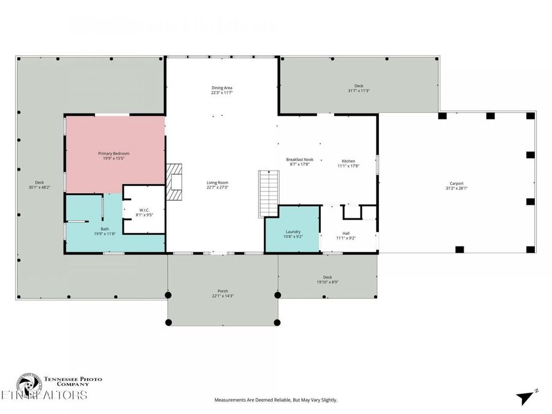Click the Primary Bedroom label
tap(114, 153)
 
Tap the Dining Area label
tap(221, 88)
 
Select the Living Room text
tap(217, 182)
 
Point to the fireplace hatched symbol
tap(175, 182)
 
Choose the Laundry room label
tap(292, 232)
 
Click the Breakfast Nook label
tap(299, 159)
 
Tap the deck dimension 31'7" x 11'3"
tap(359, 91)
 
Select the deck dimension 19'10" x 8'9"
tap(328, 282)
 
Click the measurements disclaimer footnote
tap(275, 400)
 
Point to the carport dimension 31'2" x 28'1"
tap(456, 188)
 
